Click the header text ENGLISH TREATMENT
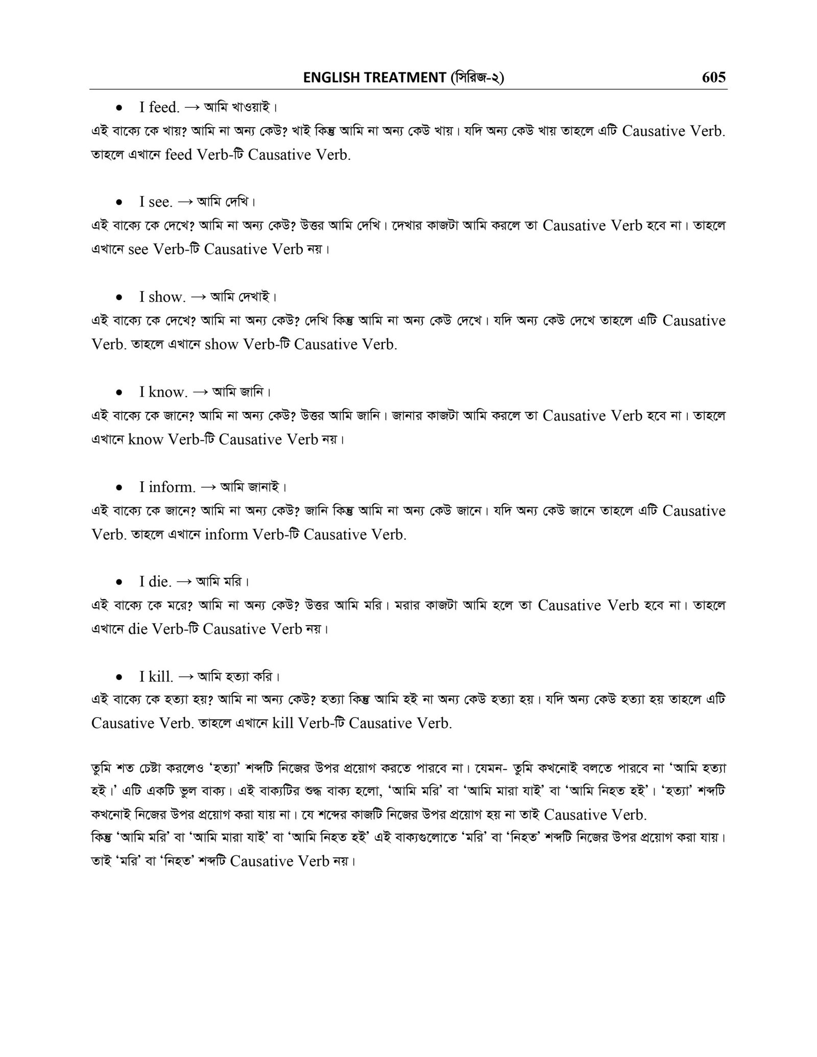pos(374,78)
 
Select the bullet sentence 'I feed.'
pos(159,108)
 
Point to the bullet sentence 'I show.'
pos(162,298)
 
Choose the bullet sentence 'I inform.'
pos(167,487)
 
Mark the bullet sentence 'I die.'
pos(155,582)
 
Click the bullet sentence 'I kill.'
pos(156,677)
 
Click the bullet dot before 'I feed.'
pos(118,108)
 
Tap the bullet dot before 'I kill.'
pos(118,678)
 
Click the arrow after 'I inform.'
pos(208,487)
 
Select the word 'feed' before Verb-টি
pos(179,155)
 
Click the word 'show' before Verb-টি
pos(221,345)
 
